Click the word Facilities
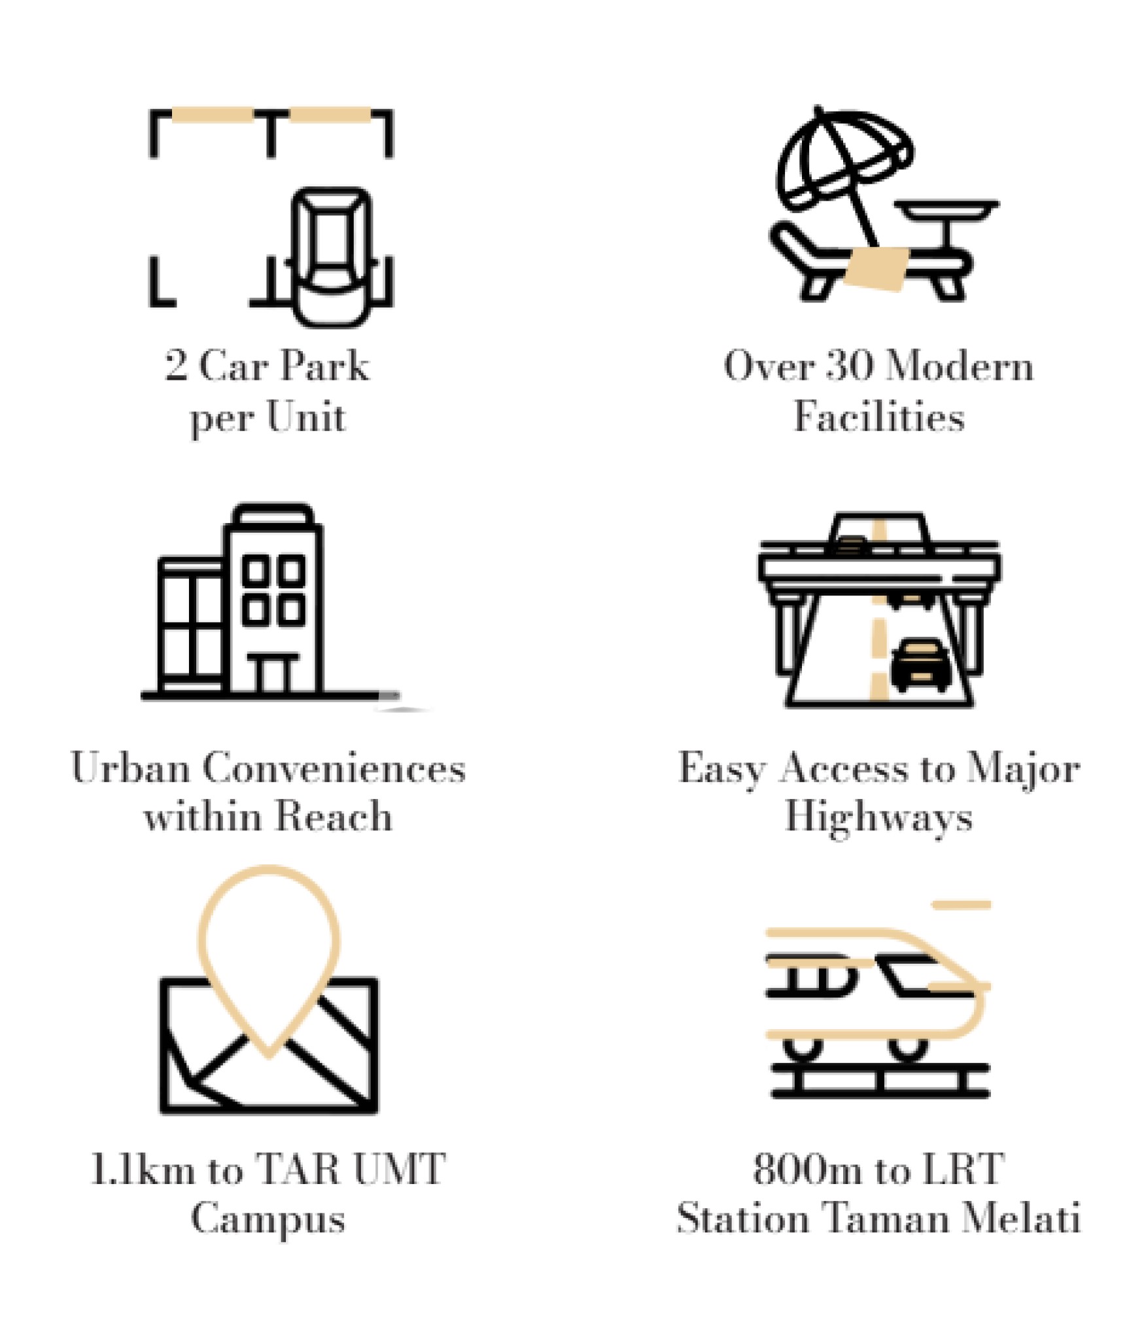[879, 416]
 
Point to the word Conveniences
[334, 768]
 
